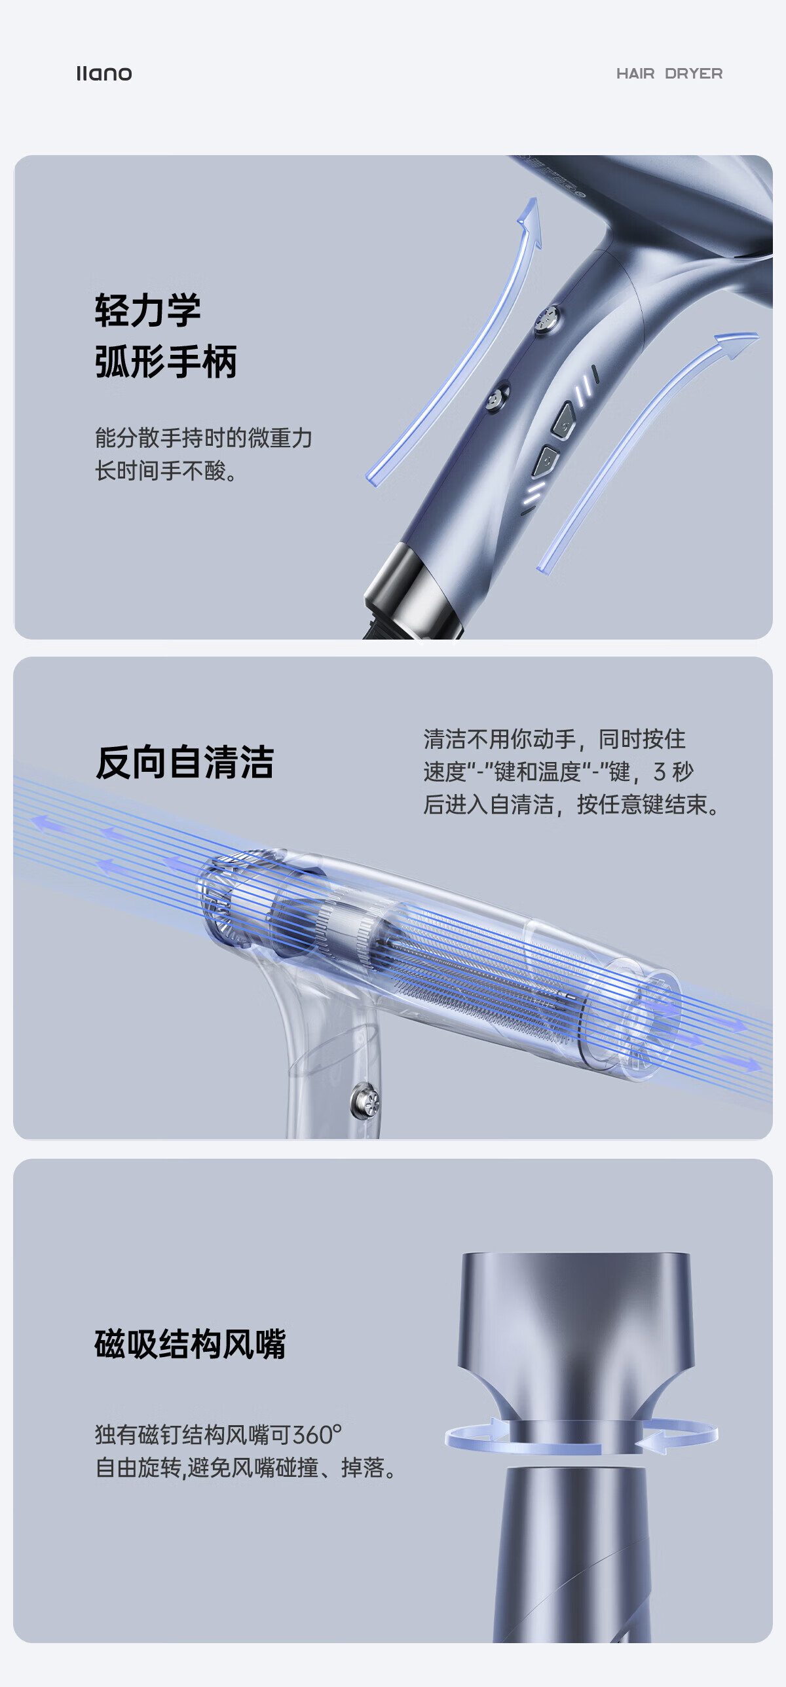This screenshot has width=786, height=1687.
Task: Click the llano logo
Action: click(104, 73)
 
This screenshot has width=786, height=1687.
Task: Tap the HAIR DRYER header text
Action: click(669, 73)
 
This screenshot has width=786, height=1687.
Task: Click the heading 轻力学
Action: click(147, 310)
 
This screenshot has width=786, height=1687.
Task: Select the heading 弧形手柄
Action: click(166, 361)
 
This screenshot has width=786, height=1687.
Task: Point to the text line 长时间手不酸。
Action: click(166, 470)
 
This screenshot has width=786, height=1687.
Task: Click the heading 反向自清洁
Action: click(185, 762)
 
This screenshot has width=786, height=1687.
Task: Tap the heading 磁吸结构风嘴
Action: click(191, 1345)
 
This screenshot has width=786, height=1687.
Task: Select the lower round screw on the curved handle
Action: click(498, 397)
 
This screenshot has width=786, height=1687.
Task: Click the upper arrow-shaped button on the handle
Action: click(564, 419)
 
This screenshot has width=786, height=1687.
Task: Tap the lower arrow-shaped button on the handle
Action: click(546, 460)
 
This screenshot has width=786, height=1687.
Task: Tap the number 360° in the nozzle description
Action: click(317, 1435)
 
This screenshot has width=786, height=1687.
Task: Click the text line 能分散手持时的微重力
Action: click(204, 437)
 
